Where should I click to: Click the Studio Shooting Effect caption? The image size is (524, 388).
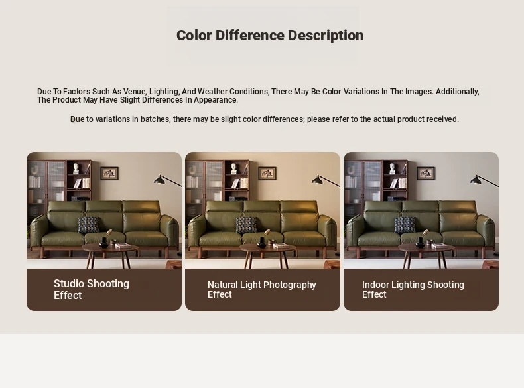click(92, 289)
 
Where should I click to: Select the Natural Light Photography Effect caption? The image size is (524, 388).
click(261, 289)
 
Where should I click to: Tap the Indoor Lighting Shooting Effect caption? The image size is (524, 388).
click(413, 289)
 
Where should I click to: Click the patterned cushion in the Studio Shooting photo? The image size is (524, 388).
click(89, 225)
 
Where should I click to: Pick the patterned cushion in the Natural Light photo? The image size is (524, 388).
click(247, 225)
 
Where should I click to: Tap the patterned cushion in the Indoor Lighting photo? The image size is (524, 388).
click(405, 225)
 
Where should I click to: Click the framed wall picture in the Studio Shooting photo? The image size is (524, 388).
click(109, 173)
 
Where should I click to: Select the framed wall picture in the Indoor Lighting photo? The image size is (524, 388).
click(426, 173)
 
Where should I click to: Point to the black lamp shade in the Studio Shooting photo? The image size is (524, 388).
click(159, 180)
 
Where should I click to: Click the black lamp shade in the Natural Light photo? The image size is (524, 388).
click(318, 180)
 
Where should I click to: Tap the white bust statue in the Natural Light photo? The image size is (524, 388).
click(234, 168)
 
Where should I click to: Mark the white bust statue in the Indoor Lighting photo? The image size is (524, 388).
click(392, 168)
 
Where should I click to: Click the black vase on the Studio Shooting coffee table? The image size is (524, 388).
click(103, 243)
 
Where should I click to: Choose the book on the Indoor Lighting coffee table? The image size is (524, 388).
click(440, 246)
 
